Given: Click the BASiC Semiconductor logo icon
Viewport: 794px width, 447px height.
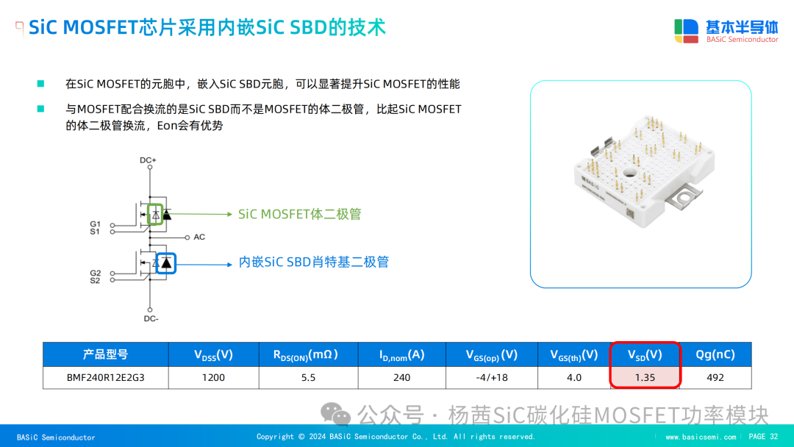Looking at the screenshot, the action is coord(686,31).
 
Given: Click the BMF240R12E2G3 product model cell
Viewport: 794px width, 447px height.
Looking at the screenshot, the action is coord(105,378).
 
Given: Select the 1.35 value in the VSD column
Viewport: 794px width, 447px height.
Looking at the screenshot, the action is coord(645,378).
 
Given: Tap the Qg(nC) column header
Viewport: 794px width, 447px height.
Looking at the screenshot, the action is coord(715,354).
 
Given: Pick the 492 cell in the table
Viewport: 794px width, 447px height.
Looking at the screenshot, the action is coord(715,378).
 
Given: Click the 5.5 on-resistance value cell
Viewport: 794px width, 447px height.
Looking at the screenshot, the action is coord(308,378).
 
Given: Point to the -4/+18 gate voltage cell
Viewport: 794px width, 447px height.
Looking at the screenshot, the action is coord(491,378).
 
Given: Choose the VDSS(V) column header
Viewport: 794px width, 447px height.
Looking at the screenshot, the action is coord(213,354).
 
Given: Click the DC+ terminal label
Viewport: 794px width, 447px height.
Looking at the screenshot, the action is coord(148,160).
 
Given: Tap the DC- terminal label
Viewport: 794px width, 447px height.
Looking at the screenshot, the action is coord(151,318).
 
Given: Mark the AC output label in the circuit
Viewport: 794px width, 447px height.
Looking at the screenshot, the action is coord(199,237).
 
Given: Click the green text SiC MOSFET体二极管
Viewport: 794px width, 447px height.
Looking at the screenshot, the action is coord(299,214).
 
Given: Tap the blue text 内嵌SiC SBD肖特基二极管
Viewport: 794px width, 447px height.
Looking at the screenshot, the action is coord(313,262).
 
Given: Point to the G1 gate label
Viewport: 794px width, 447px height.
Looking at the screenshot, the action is coord(95,223).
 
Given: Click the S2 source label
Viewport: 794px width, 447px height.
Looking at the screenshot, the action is coord(95,280).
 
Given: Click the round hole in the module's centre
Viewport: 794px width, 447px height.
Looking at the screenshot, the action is coord(630,173).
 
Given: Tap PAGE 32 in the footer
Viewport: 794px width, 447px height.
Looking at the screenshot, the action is coord(763,437).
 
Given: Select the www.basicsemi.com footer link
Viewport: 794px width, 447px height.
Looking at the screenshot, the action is coord(701,437).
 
